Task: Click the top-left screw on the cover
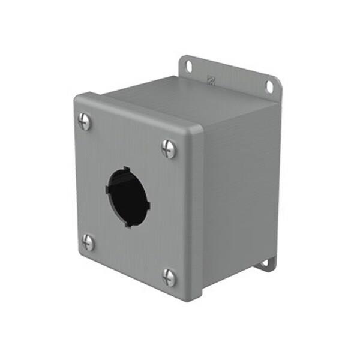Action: tap(85, 122)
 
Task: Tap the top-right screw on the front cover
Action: tap(169, 148)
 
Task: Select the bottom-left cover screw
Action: tap(88, 242)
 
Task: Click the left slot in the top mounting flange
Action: tap(188, 65)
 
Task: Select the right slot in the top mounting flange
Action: tap(269, 87)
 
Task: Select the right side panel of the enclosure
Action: tap(240, 192)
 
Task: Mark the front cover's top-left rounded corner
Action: tap(77, 98)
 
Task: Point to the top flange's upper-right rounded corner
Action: tap(278, 79)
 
